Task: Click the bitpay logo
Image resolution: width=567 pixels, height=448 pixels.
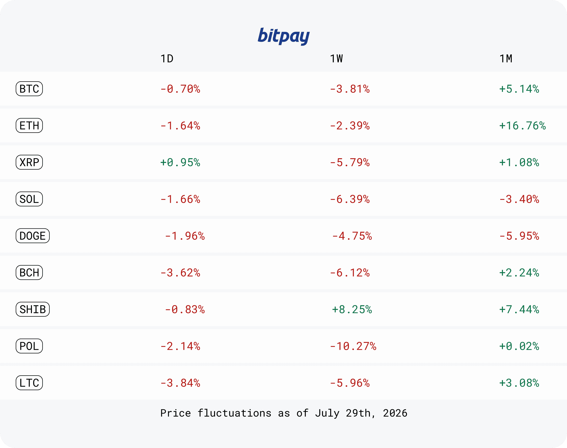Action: click(x=284, y=36)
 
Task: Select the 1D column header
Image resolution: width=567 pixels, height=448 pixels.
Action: click(x=167, y=59)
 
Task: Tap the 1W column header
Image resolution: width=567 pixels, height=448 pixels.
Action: click(x=337, y=59)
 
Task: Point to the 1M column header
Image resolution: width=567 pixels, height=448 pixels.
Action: click(x=506, y=59)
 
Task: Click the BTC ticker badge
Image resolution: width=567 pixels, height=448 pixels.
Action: click(x=29, y=89)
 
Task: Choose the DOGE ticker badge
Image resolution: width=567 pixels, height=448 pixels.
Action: click(x=33, y=236)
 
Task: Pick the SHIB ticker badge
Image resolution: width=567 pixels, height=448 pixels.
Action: click(x=33, y=309)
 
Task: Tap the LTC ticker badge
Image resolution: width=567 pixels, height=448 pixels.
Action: click(x=29, y=383)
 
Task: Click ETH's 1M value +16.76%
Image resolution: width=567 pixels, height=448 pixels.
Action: click(x=522, y=126)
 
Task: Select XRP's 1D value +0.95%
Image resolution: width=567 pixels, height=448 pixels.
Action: click(x=180, y=162)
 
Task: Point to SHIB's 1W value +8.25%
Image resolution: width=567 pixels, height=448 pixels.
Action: click(x=352, y=309)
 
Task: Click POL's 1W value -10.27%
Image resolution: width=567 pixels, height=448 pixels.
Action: click(x=353, y=346)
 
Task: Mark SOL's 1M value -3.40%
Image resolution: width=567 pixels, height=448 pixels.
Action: click(x=519, y=199)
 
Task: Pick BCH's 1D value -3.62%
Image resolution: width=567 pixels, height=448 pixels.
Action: click(x=180, y=273)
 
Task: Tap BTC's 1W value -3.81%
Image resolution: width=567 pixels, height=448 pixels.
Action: click(x=350, y=89)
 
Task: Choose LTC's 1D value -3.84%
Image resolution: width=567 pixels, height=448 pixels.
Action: click(x=180, y=383)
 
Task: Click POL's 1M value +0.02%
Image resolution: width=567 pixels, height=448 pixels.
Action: click(x=519, y=346)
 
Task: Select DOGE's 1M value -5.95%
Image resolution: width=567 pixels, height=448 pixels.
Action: click(x=519, y=236)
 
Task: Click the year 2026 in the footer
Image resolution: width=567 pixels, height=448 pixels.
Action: click(x=395, y=413)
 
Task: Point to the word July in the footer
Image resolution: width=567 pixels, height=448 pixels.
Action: click(x=327, y=413)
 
